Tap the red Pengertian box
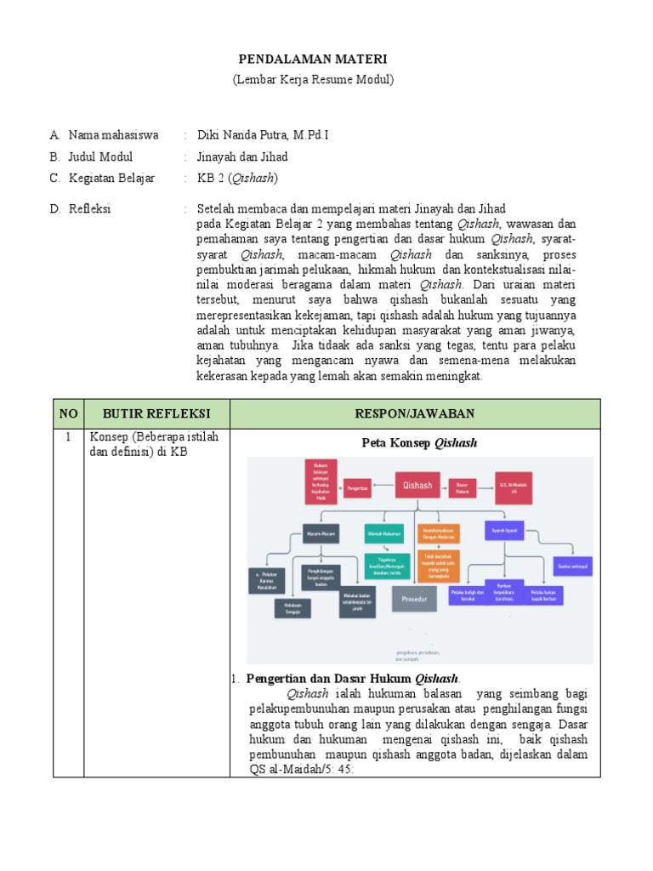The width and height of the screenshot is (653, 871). (x=357, y=488)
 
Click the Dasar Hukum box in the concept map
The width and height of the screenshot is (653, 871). (x=462, y=487)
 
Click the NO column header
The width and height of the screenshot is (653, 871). (x=68, y=413)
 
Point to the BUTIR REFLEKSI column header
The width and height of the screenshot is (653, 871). (x=156, y=413)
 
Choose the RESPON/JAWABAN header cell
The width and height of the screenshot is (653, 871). (x=415, y=413)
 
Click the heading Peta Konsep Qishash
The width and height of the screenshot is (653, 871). (x=419, y=442)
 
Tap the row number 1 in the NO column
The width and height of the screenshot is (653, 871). (x=68, y=436)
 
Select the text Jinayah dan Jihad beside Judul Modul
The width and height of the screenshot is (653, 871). (x=242, y=157)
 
